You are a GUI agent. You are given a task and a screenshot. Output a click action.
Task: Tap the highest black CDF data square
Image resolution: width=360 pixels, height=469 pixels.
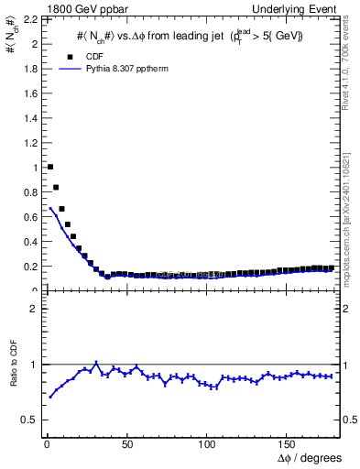click(x=49, y=167)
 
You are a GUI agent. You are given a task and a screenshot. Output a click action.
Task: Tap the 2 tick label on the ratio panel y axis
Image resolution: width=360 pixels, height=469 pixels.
click(x=34, y=309)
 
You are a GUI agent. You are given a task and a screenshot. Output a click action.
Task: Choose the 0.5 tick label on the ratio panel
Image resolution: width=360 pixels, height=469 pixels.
click(x=29, y=420)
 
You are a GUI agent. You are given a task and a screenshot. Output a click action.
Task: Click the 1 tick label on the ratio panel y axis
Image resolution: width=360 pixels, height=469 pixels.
click(x=34, y=365)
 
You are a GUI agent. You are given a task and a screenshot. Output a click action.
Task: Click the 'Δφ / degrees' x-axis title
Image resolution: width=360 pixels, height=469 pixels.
click(x=310, y=457)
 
